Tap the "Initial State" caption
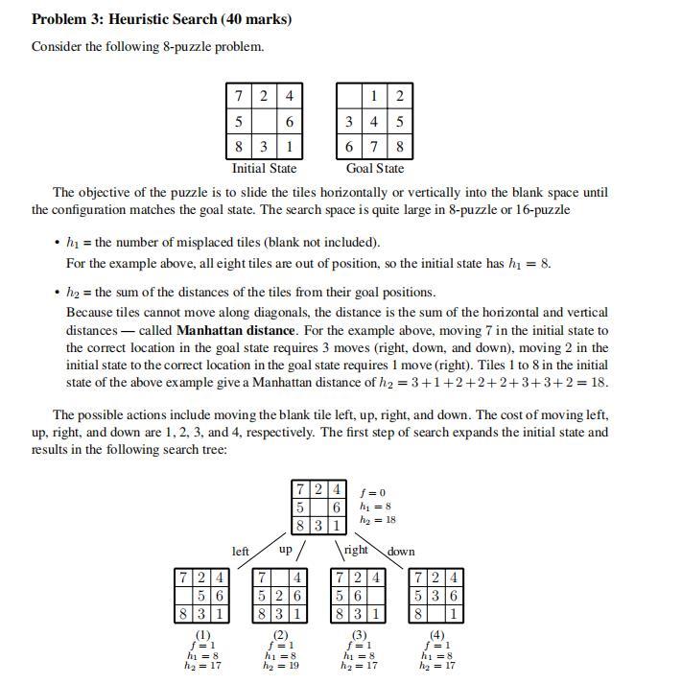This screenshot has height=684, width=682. (264, 169)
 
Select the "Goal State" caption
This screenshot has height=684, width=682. (374, 169)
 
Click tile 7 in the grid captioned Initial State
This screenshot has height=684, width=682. (238, 96)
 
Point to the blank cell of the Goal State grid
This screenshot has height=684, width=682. (349, 96)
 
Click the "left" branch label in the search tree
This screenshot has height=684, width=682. (241, 552)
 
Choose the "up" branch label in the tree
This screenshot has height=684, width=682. (285, 551)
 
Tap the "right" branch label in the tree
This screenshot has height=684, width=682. (355, 551)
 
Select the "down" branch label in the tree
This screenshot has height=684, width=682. (401, 552)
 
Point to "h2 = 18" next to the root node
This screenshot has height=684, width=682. (377, 519)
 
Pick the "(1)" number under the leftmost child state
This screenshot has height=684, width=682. (202, 635)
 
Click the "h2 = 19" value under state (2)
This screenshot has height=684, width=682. (280, 665)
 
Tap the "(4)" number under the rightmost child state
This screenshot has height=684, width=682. (436, 635)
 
